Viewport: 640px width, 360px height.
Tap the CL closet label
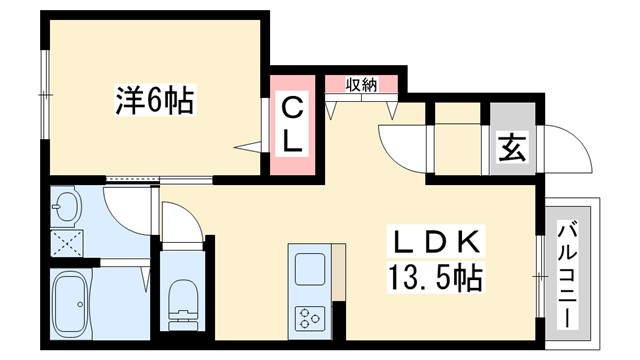[292, 124]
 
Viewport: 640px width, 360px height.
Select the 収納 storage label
[362, 85]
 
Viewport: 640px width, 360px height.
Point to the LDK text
[438, 242]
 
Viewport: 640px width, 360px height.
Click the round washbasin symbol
[66, 209]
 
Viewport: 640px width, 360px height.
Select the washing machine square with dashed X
[66, 240]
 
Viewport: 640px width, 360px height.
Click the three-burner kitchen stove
[308, 319]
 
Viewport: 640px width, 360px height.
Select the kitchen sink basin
[308, 269]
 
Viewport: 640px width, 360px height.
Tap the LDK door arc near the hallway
[402, 145]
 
